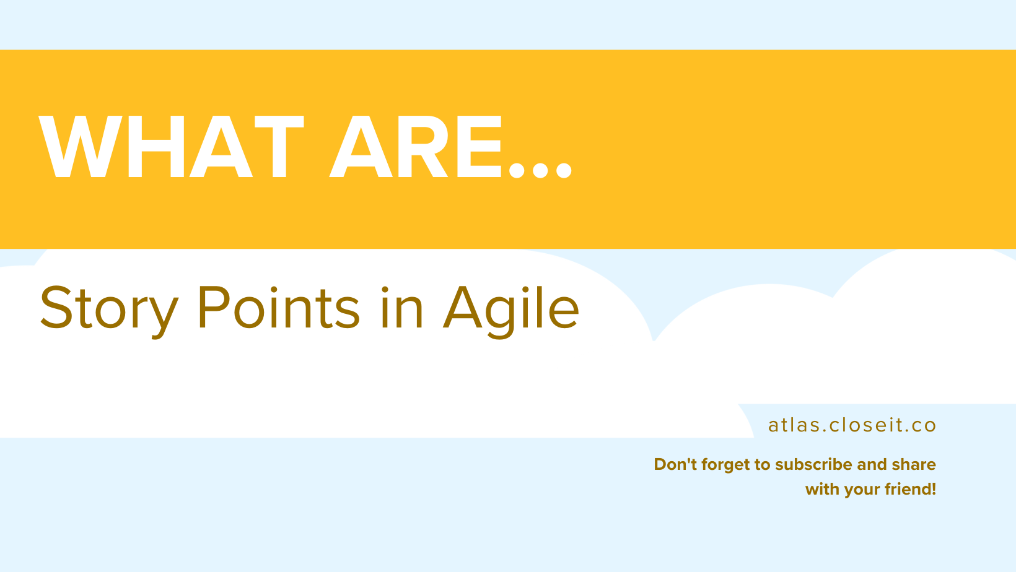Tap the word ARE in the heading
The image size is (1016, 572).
click(x=414, y=147)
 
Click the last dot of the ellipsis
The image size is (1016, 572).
click(x=564, y=170)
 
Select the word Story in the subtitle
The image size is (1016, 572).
click(x=109, y=308)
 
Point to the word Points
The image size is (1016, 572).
click(x=278, y=307)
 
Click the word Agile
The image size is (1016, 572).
click(x=511, y=308)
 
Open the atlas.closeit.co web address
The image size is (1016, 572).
click(x=852, y=425)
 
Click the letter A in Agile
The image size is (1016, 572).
click(x=463, y=307)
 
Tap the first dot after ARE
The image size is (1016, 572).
click(x=516, y=170)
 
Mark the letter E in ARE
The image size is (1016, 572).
click(x=484, y=147)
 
